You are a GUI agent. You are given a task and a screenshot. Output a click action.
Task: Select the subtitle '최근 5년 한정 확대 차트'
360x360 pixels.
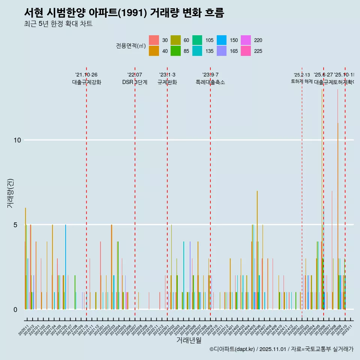click(x=58, y=24)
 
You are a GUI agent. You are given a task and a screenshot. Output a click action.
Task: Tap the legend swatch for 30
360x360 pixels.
click(x=154, y=40)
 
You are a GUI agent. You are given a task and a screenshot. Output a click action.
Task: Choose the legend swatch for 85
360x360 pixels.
click(x=176, y=51)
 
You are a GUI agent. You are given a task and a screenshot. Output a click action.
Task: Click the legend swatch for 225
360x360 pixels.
click(x=246, y=51)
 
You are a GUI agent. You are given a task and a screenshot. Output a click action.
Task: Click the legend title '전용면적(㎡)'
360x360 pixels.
click(x=130, y=46)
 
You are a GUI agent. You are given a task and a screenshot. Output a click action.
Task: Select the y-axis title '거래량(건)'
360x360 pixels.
click(x=10, y=193)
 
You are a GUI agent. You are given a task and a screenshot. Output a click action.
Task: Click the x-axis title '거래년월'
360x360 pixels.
click(x=189, y=340)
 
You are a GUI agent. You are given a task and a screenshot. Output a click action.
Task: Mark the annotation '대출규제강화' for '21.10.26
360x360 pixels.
click(x=87, y=82)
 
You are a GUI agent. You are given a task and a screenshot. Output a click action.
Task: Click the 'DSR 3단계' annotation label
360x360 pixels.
click(x=135, y=82)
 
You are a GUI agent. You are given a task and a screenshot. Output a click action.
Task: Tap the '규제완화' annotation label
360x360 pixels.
click(x=167, y=82)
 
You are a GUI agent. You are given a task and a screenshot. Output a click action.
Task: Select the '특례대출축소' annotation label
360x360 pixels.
click(x=210, y=82)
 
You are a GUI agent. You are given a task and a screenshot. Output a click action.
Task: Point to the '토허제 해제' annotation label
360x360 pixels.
click(x=301, y=81)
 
